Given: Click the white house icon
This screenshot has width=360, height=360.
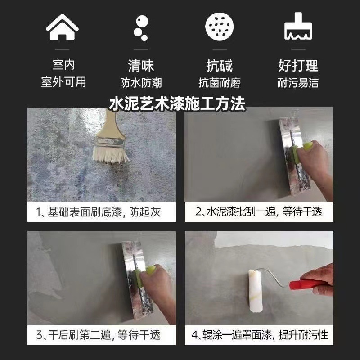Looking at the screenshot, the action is coord(62,27).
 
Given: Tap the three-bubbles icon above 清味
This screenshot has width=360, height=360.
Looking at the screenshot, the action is coord(141,28).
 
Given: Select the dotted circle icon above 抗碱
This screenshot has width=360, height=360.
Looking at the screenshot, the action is coord(220,27).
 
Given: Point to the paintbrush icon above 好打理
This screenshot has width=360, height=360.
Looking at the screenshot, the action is coord(298,26).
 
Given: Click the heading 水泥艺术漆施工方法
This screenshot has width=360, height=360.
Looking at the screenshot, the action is coord(177,104).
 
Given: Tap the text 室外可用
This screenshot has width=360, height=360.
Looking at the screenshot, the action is coord(63,82).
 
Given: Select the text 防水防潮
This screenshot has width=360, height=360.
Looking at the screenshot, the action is coord(141,83).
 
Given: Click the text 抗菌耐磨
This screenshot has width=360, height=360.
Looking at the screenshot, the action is coord(220,83).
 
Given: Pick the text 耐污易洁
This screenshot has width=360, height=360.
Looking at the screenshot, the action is coord(298,83).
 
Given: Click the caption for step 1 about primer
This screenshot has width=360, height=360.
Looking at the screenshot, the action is coord(99,212).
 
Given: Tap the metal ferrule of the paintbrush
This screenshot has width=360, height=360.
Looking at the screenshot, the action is coord(110,142).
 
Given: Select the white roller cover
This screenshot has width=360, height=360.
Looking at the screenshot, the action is coord(255,291).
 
